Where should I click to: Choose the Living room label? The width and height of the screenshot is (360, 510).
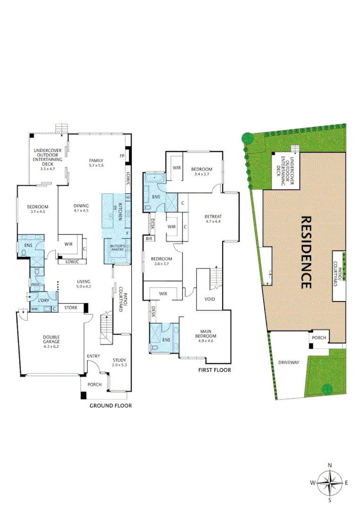[x=84, y=283]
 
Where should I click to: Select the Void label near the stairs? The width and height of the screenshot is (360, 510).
[x=210, y=299]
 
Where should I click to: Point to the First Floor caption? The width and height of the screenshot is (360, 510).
[x=215, y=370]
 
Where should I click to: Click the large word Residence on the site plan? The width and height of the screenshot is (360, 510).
[x=305, y=252]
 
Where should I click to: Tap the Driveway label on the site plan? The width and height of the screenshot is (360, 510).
[x=288, y=362]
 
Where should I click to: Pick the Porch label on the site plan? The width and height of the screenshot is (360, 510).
[x=319, y=338]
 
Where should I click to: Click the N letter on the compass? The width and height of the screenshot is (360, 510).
[x=330, y=465]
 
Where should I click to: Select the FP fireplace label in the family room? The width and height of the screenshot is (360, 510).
[x=122, y=156]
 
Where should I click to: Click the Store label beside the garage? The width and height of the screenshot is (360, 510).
[x=71, y=308]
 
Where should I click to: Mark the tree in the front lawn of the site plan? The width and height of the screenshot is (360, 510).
[x=326, y=389]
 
